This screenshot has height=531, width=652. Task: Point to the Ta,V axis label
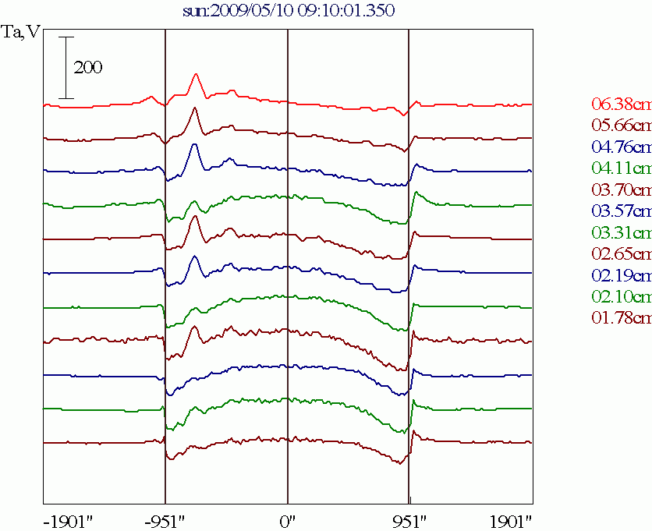[21, 33]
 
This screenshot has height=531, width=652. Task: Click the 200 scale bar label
[88, 68]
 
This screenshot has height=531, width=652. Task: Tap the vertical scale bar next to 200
[66, 67]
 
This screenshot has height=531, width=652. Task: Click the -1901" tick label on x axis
[67, 519]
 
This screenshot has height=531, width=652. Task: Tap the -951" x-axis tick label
[165, 519]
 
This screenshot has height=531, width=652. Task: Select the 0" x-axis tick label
[288, 519]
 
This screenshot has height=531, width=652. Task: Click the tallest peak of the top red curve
[196, 74]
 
